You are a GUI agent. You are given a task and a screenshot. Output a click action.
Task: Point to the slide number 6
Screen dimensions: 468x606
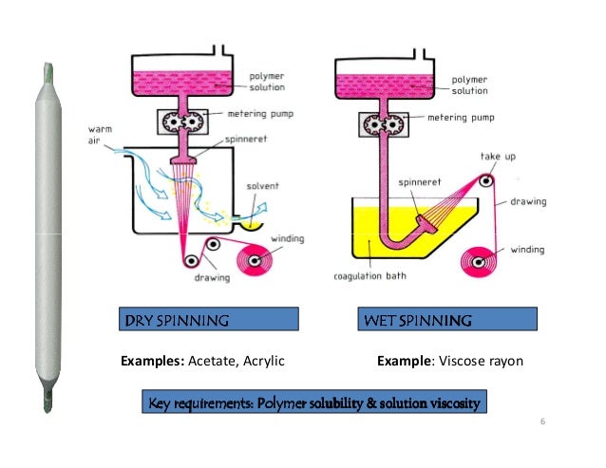point(541,421)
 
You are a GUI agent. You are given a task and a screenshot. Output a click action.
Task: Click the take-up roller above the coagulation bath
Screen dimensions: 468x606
point(487,178)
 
